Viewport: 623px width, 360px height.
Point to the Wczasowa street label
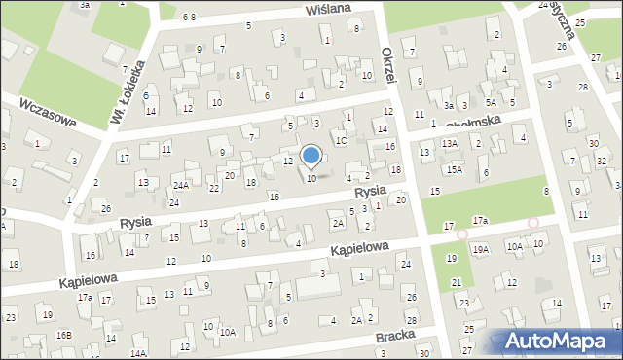point(47,112)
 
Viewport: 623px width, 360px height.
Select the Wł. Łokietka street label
point(125,102)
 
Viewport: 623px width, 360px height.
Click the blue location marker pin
point(311,157)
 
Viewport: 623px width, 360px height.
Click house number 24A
point(181,185)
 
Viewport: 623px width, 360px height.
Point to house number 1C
point(341,140)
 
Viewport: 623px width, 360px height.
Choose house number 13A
point(449,143)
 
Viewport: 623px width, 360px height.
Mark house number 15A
point(455,169)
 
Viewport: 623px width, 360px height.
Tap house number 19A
point(481,249)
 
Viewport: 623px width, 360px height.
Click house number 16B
point(63,335)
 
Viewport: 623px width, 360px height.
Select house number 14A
point(138,352)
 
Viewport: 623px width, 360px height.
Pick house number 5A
point(492,102)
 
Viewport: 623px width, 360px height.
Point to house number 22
point(213,188)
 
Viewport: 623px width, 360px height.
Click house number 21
point(456,282)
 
